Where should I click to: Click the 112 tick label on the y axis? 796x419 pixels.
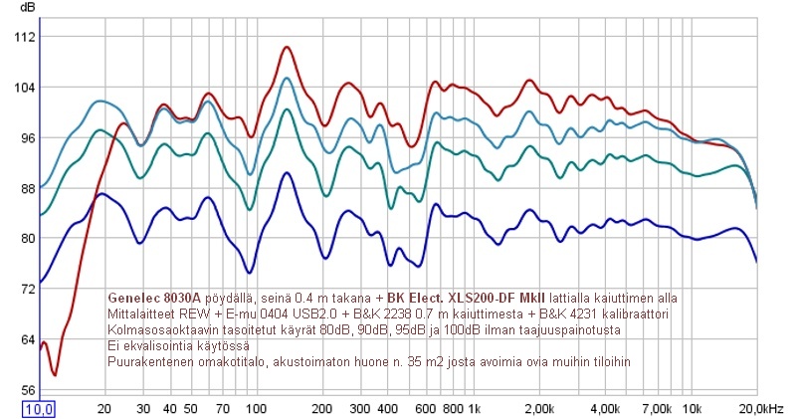point(25,37)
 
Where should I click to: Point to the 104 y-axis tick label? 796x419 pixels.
point(25,88)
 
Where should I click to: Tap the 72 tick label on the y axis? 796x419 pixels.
point(28,289)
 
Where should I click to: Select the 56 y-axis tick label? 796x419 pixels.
point(28,389)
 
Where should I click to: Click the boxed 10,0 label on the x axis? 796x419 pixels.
point(39,408)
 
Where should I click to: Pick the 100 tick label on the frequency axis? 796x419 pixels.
point(255,408)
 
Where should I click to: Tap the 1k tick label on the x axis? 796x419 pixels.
point(474,408)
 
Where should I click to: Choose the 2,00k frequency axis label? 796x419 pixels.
point(539,408)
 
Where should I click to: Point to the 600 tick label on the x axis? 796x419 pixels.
point(424,408)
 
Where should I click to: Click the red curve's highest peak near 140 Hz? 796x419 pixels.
point(287,47)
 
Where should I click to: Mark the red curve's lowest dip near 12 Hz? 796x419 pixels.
point(55,374)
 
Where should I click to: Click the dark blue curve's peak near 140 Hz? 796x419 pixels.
point(287,173)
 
